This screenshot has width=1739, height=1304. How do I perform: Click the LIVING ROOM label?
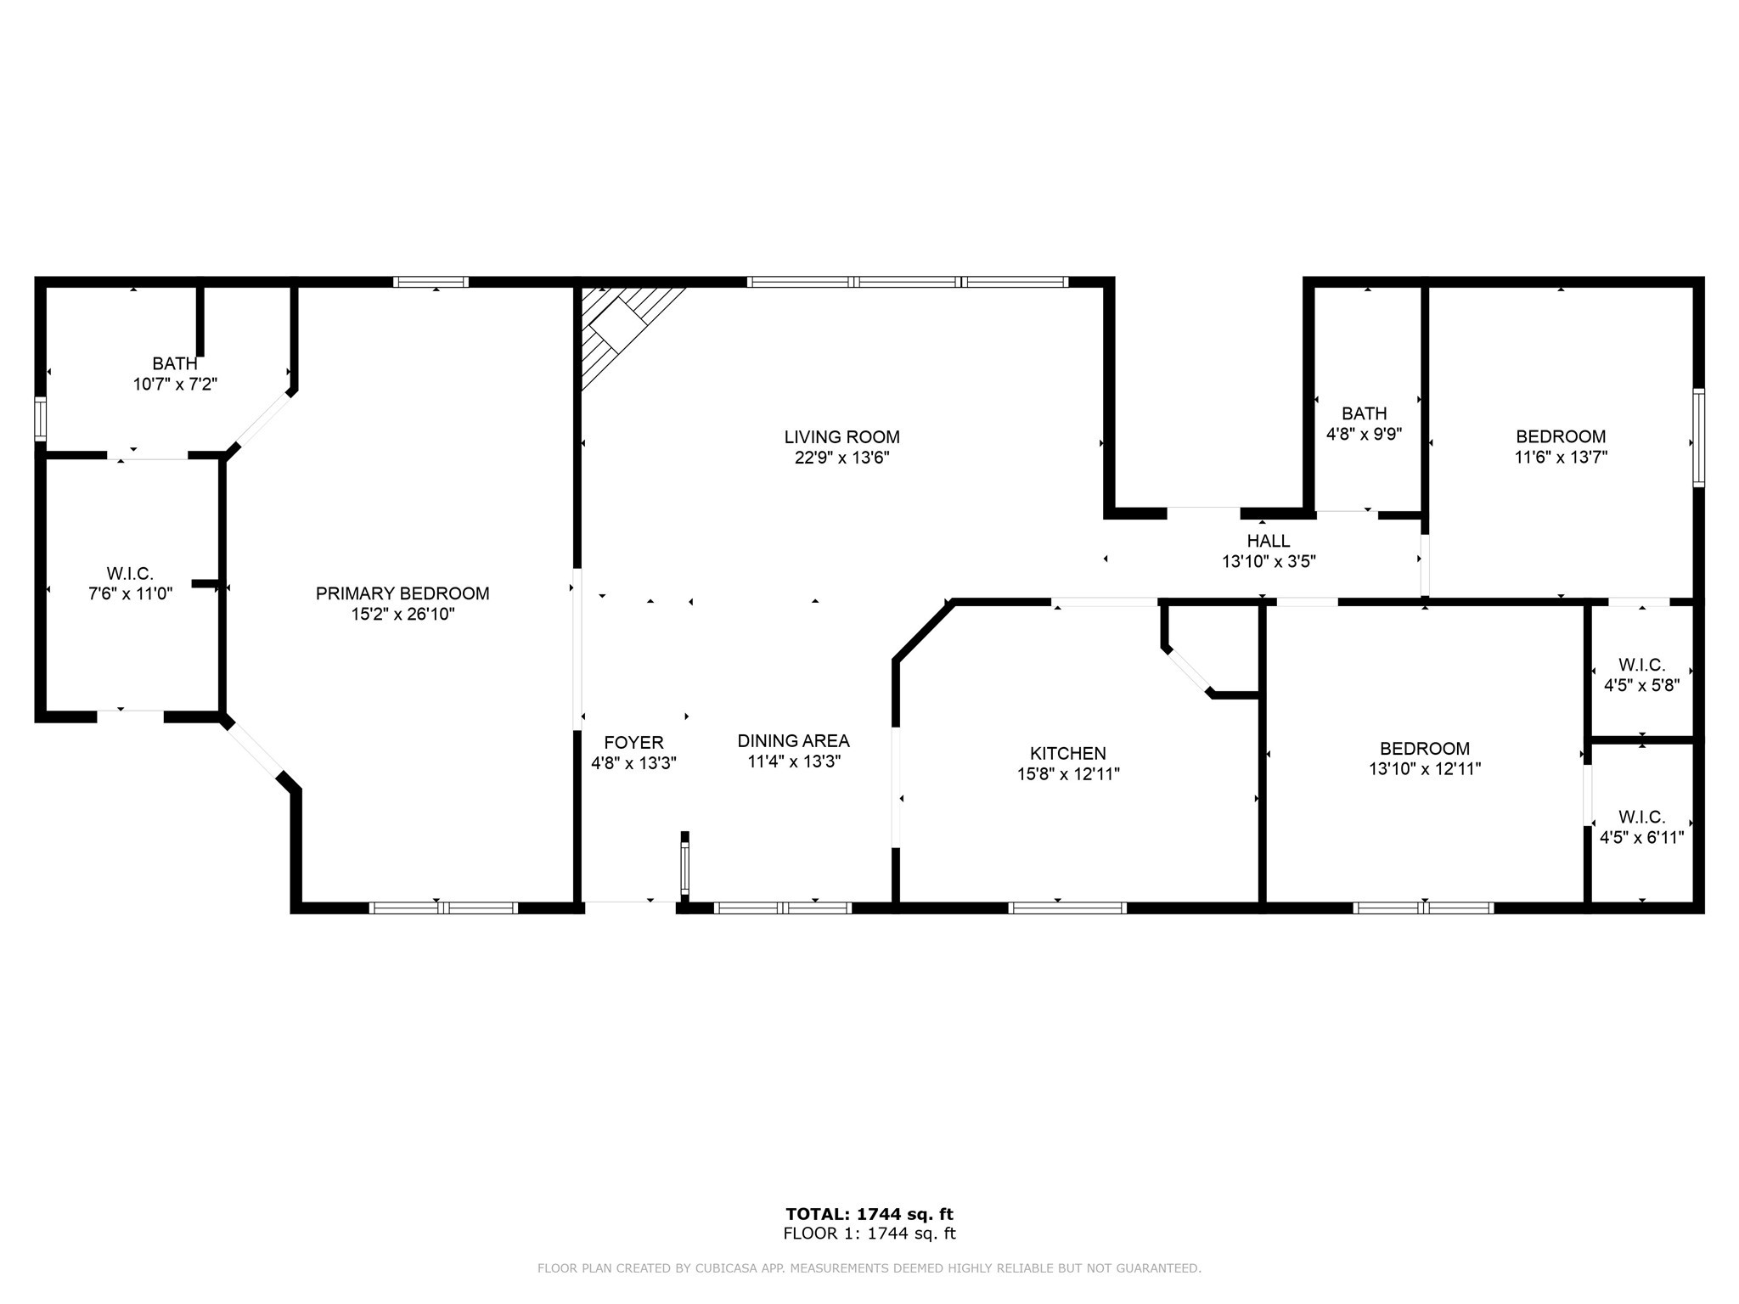click(x=841, y=437)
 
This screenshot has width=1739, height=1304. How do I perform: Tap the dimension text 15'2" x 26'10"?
click(x=402, y=614)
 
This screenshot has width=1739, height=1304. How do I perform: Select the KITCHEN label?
click(x=1067, y=753)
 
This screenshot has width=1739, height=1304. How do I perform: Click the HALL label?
click(x=1269, y=541)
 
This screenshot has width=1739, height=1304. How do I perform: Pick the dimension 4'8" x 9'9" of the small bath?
click(x=1364, y=434)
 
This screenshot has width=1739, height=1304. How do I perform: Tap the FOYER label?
click(x=633, y=742)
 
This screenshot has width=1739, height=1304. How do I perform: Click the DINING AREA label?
click(x=793, y=741)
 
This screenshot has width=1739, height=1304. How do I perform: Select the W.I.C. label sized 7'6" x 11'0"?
click(x=130, y=574)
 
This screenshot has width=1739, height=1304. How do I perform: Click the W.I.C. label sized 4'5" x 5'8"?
click(x=1641, y=665)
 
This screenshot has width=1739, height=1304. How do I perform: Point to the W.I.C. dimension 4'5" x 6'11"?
click(x=1641, y=838)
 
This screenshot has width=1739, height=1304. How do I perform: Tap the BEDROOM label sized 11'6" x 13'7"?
click(x=1561, y=436)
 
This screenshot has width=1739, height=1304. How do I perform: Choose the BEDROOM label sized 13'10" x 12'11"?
click(x=1424, y=749)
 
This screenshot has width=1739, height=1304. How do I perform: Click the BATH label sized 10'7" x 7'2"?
click(x=175, y=364)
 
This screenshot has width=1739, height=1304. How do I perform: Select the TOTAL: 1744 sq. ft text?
click(x=869, y=1214)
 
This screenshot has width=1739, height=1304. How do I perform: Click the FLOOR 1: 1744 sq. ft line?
click(x=869, y=1234)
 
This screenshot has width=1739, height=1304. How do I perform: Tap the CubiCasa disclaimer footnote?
click(x=869, y=1268)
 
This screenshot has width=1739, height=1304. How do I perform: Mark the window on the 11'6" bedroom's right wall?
click(x=1698, y=437)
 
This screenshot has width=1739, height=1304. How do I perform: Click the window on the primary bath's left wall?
click(x=40, y=419)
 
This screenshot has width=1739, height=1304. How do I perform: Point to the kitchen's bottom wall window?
click(x=1067, y=908)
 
